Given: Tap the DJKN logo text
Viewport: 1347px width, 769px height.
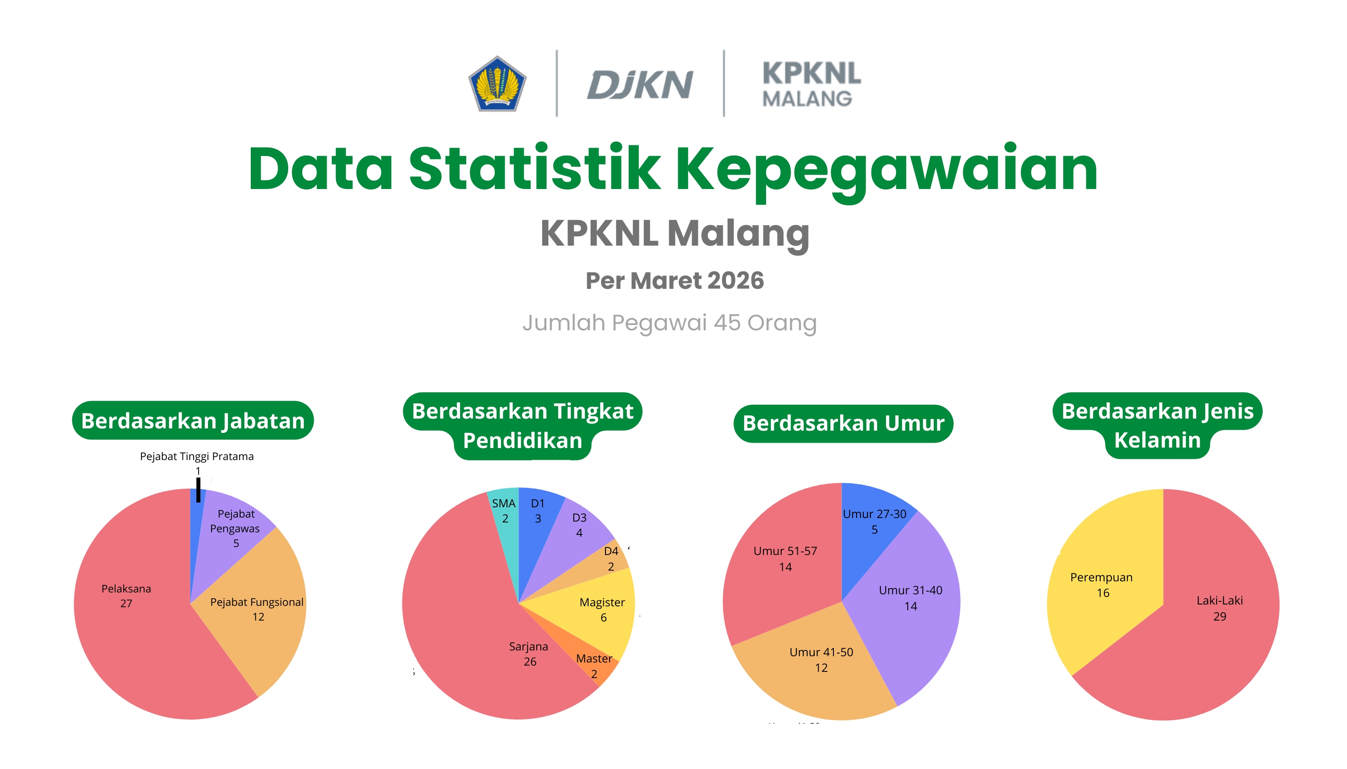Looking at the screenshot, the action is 639,85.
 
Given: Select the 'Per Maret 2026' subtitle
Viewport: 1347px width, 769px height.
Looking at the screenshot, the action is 674,280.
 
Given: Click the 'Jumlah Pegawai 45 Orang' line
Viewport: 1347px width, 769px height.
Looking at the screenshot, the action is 670,323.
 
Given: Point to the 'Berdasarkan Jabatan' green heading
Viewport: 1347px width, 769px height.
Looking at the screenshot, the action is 193,421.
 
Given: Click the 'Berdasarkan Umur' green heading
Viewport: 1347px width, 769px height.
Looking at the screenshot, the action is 843,423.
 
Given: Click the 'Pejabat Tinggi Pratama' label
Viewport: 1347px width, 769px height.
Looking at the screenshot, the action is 197,456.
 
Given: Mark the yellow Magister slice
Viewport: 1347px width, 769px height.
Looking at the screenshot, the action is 597,613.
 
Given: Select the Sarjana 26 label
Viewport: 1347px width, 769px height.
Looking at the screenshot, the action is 529,654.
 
